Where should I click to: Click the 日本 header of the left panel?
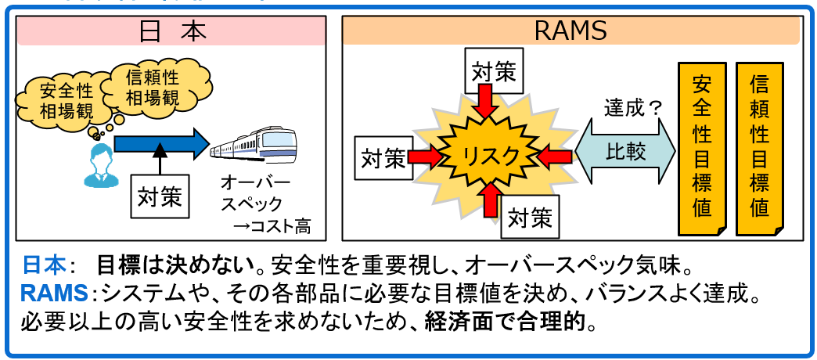point(171,31)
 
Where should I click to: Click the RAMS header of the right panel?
point(570,31)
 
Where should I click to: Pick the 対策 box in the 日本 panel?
point(160,196)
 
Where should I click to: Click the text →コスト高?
point(272,228)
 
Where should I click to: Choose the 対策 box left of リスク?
point(383,157)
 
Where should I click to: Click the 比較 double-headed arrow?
point(625,152)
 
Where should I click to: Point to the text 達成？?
point(633,108)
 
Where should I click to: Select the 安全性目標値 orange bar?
point(702,149)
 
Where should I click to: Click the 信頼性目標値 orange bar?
point(759,149)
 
